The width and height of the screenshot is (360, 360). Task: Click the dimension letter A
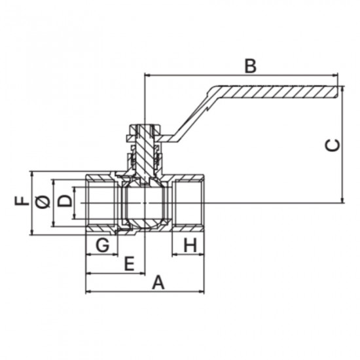[x=158, y=283]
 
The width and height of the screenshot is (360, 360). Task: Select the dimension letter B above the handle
[x=250, y=66]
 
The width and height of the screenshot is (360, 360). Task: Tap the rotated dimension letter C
[x=333, y=145]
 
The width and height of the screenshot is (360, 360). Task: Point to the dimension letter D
[x=64, y=201]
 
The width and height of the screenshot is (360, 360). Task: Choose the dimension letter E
[x=129, y=264]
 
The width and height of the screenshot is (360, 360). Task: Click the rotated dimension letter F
[x=22, y=201]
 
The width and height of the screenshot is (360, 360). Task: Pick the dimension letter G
[x=102, y=245]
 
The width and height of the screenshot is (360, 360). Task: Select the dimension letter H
[x=190, y=245]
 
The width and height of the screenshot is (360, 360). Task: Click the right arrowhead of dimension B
[x=335, y=75]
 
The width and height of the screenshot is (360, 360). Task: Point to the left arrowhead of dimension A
[x=88, y=291]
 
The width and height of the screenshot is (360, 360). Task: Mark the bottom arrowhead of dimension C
[x=342, y=200]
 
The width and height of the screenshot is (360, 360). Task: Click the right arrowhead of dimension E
[x=142, y=274]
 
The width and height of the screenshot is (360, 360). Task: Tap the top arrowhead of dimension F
[x=32, y=174]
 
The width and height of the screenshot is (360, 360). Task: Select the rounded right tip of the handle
[x=338, y=92]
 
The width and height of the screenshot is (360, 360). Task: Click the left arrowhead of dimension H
[x=175, y=254]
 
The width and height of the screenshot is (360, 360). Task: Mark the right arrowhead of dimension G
[x=115, y=254]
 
